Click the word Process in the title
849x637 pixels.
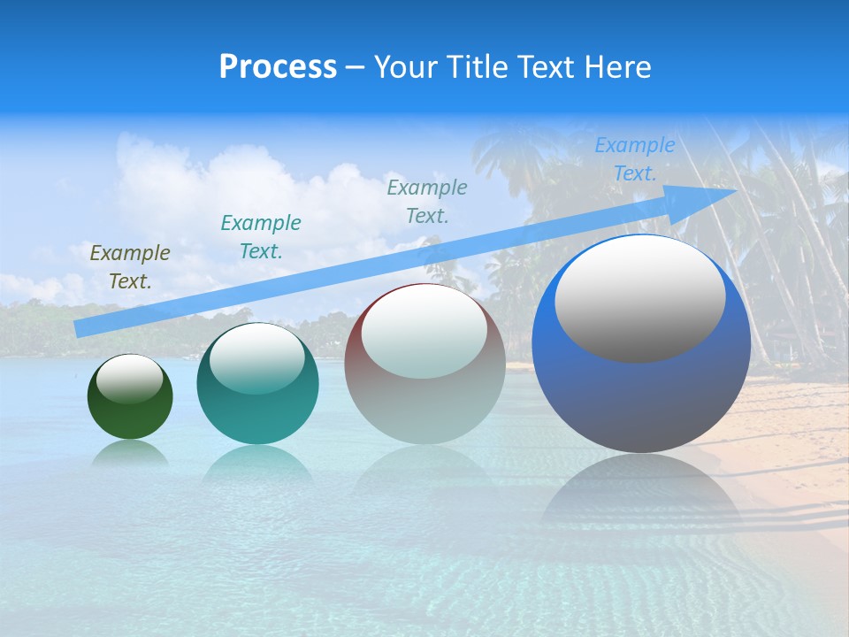point(278,67)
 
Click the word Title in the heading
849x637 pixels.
point(475,67)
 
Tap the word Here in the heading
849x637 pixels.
point(618,67)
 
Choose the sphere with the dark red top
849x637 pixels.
point(424,407)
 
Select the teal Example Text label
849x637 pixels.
point(261,237)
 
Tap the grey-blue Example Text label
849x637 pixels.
point(427,202)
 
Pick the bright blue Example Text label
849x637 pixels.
point(635,159)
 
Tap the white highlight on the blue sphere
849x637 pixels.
point(639,299)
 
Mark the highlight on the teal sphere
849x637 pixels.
point(256,359)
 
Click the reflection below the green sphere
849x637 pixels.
point(130,453)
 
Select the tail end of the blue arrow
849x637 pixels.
point(81,328)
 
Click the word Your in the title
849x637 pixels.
point(405,67)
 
